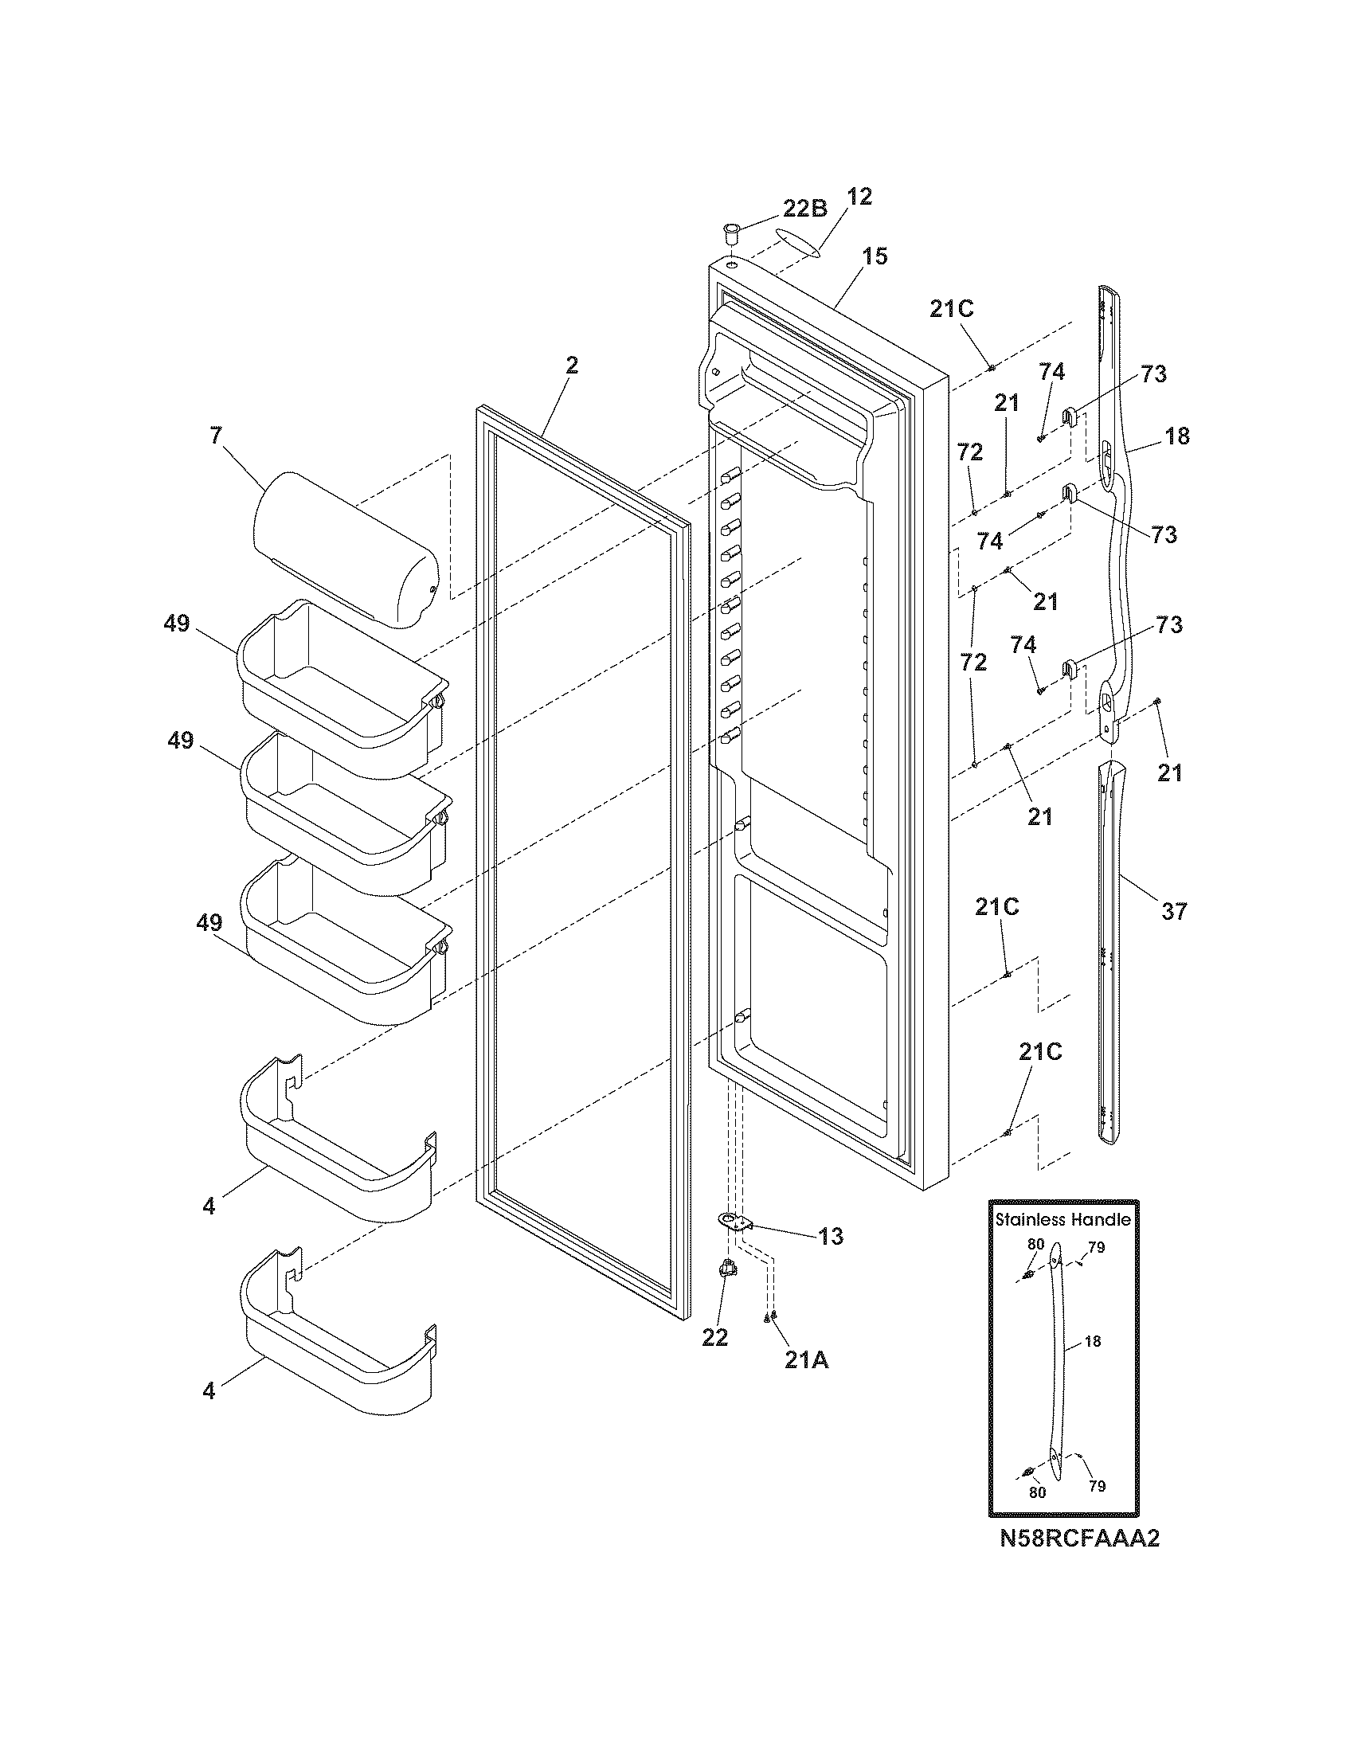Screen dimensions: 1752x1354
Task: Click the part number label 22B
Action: coord(804,209)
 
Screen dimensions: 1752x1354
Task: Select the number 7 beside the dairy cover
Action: coord(215,436)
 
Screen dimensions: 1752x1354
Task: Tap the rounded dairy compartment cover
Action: coord(345,549)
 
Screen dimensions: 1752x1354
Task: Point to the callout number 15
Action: coord(875,256)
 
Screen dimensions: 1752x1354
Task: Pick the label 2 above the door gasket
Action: coord(571,366)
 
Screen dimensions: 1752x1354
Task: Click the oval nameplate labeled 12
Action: coord(798,241)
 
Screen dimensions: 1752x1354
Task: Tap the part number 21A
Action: coord(807,1360)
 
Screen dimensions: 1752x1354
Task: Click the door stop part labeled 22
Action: coord(728,1270)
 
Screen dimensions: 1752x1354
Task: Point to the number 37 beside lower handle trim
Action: coord(1173,911)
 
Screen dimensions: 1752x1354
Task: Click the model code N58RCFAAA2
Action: coord(1079,1539)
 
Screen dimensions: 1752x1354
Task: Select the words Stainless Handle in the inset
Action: coord(1062,1220)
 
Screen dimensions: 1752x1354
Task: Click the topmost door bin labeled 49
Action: coord(341,690)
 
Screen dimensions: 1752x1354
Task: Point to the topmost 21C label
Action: coord(951,309)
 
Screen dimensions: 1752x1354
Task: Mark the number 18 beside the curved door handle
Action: coord(1177,436)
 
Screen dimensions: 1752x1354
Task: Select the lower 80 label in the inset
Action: coord(1037,1493)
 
